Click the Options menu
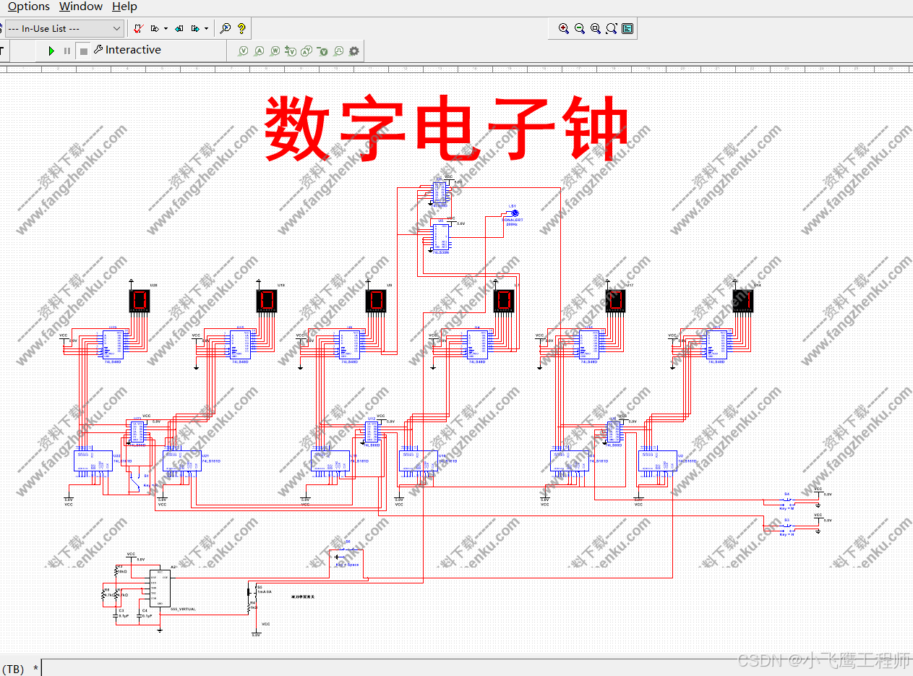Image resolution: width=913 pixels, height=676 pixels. [x=28, y=7]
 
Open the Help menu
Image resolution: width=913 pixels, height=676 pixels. [x=124, y=7]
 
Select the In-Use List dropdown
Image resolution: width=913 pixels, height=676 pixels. [x=64, y=29]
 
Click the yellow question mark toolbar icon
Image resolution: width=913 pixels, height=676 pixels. [x=241, y=29]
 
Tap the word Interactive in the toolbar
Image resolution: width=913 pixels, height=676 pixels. [x=133, y=50]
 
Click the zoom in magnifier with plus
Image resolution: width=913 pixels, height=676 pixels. [x=564, y=29]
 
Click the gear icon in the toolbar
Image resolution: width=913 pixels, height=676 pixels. [x=353, y=51]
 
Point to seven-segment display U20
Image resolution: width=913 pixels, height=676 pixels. [x=140, y=301]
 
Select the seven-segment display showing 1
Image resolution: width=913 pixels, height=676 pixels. [x=742, y=301]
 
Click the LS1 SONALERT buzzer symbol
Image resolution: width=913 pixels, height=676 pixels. [x=512, y=214]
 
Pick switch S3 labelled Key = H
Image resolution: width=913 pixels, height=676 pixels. [x=787, y=526]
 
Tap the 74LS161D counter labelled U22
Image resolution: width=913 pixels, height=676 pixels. [x=93, y=461]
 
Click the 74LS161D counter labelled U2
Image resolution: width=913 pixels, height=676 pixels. [x=657, y=461]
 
